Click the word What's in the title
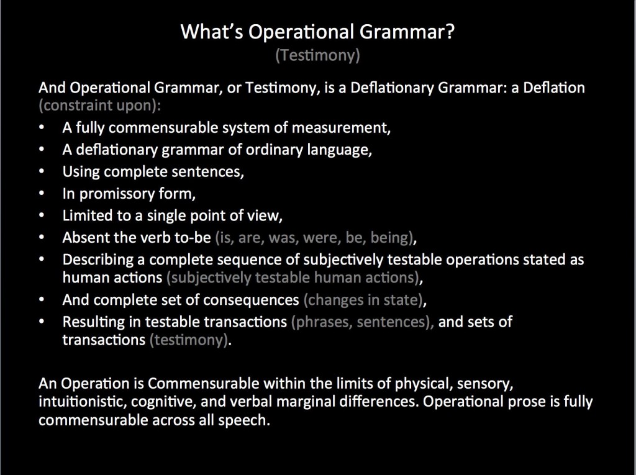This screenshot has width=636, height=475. (212, 32)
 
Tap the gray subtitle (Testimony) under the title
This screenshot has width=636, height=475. (317, 55)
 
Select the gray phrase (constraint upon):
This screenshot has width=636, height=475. (100, 106)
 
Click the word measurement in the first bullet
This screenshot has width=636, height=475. (341, 128)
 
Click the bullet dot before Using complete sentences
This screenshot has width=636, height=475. (42, 171)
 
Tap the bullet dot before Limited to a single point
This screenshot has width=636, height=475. (42, 215)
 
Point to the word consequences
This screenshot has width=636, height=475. (251, 300)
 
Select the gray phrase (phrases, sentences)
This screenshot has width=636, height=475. (362, 322)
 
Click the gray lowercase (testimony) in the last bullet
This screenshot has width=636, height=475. (189, 340)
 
